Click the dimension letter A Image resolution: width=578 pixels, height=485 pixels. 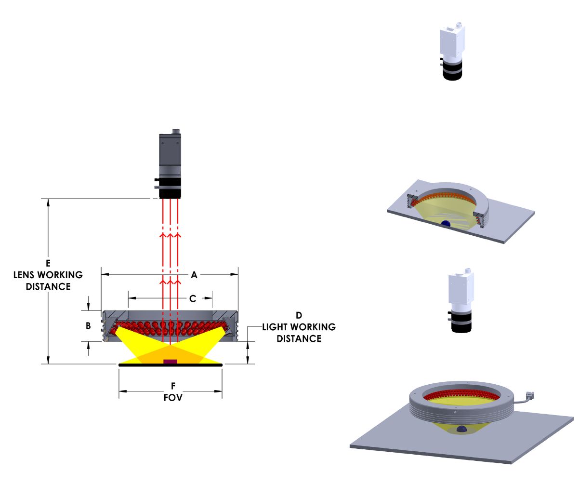coord(194,275)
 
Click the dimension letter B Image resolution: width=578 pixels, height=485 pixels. coord(88,326)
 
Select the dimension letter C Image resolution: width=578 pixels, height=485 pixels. coord(192,299)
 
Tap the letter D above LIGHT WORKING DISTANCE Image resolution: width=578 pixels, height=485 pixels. coord(299,315)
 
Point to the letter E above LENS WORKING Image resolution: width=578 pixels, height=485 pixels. coord(48,263)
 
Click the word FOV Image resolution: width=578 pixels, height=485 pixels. coord(173,398)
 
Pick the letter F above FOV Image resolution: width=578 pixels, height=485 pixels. coord(173,386)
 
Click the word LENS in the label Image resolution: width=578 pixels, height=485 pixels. coord(25,275)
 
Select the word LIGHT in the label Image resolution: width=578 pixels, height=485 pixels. coord(276,327)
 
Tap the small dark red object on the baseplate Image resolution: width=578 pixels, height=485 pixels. coord(170,362)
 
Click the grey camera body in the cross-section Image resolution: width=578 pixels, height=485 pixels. coord(170,154)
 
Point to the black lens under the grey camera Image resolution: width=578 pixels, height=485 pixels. coord(170,187)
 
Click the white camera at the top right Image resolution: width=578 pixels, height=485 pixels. coord(452,51)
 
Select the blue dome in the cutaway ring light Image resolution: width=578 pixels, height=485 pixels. coord(446,223)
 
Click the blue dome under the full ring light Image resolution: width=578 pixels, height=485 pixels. coord(461,429)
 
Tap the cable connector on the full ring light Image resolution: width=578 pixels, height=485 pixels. coord(530,395)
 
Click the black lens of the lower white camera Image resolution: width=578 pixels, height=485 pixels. coord(461,323)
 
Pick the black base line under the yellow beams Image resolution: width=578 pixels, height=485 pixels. coord(170,365)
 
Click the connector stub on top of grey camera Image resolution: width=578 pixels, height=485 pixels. coord(176,131)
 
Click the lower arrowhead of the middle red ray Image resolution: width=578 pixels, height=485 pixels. coord(170,282)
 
